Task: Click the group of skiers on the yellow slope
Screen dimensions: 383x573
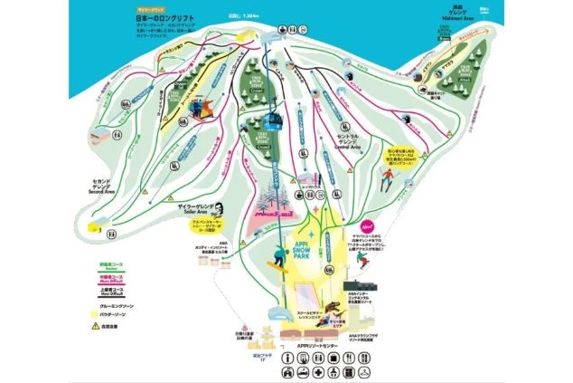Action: pyautogui.click(x=200, y=109)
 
